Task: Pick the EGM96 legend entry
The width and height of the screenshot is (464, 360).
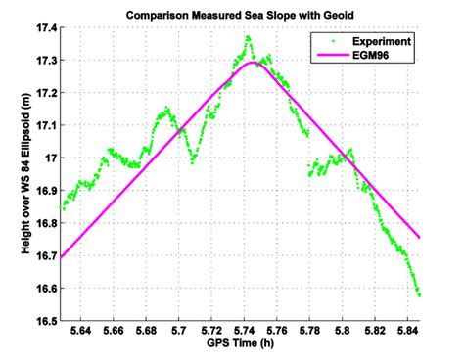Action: [370, 56]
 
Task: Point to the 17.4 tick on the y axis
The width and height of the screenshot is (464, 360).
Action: [44, 28]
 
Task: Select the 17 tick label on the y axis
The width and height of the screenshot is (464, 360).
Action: [50, 157]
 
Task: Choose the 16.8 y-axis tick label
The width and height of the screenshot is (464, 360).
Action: [44, 223]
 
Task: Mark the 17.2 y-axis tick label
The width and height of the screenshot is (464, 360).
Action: [44, 93]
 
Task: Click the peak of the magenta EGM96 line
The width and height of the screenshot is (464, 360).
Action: [252, 63]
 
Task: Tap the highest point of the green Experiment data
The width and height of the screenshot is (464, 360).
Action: [248, 37]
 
